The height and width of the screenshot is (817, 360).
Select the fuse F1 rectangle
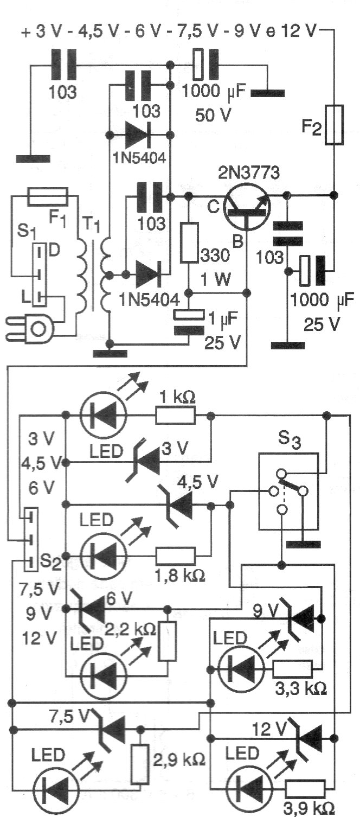pos(48,196)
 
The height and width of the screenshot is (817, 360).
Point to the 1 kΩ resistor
pos(176,416)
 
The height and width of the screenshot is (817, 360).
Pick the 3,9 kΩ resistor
pos(305,789)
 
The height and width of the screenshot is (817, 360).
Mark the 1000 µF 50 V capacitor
pos(206,66)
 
